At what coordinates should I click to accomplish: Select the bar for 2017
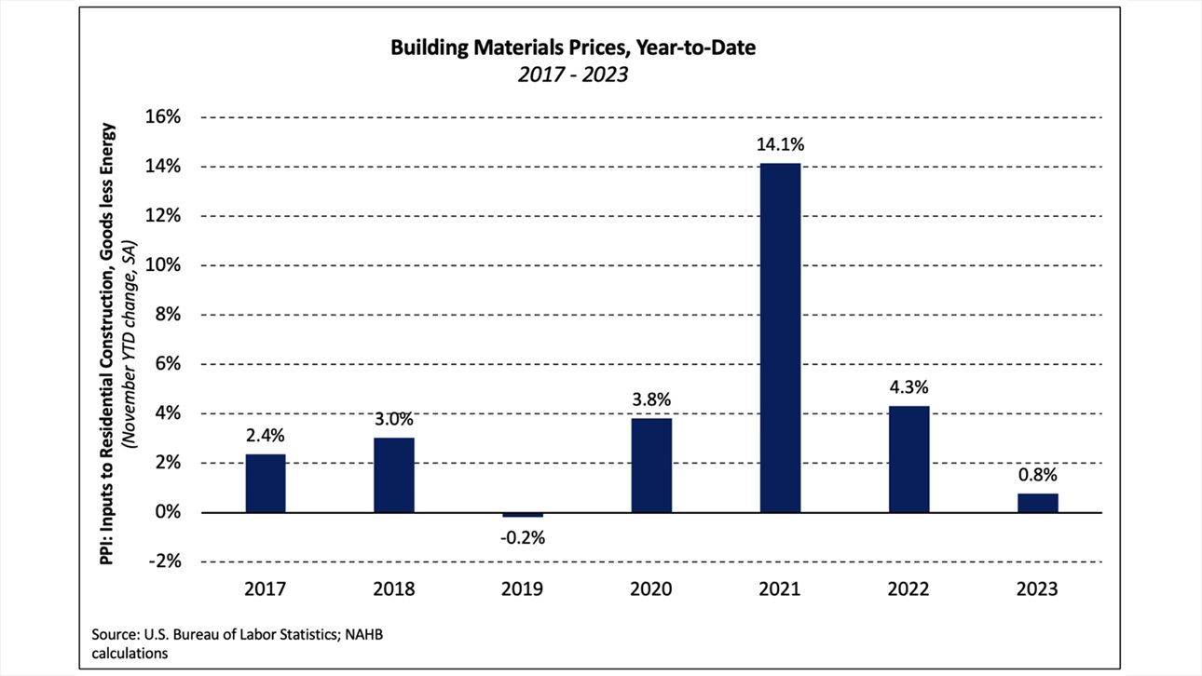coord(266,483)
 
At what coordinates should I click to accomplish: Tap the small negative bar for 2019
coord(523,515)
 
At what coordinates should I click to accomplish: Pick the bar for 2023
coord(1037,503)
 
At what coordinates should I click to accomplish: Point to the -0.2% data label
coord(523,537)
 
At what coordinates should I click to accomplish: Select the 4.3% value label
coord(908,386)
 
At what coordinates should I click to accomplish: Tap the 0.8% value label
coord(1037,474)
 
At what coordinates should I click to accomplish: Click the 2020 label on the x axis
coord(651,589)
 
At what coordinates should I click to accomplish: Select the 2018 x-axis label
coord(394,589)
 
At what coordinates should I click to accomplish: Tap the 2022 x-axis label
coord(908,589)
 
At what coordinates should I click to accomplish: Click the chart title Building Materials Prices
coord(573,48)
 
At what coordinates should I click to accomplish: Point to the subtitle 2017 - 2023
coord(573,74)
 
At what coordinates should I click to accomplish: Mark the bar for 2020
coord(651,466)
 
